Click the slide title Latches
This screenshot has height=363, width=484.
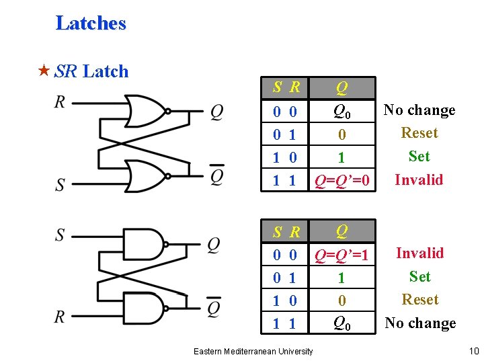tap(91, 24)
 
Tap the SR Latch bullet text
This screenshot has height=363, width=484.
tap(91, 71)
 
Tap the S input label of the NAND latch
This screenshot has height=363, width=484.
tap(60, 235)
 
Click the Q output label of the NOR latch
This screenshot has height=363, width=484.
tap(216, 112)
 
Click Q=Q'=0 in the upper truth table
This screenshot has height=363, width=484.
tap(342, 180)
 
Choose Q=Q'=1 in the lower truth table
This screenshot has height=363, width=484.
tap(342, 255)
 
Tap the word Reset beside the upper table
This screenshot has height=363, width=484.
tap(419, 133)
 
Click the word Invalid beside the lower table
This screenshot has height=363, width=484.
tap(419, 253)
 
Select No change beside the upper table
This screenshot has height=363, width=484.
tap(419, 110)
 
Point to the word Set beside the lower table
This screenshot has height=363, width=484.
tap(419, 276)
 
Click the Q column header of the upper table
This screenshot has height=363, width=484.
tap(341, 87)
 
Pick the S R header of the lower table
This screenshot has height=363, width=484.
tap(286, 233)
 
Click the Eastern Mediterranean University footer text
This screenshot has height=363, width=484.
tap(253, 351)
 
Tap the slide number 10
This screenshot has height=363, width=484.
tap(474, 350)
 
